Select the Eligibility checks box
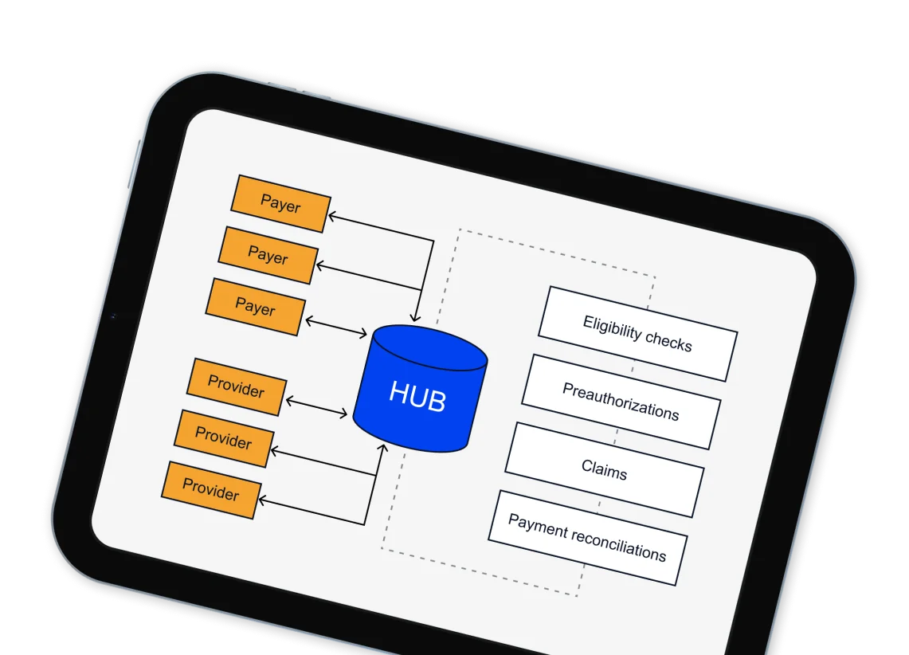637,334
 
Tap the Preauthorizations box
621,402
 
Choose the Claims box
605,469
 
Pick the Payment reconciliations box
587,538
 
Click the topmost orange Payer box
280,204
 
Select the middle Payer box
268,255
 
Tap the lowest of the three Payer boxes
255,307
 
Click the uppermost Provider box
236,387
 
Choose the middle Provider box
223,438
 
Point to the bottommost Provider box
210,489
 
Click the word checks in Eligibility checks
668,340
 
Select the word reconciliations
617,545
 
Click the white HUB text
417,396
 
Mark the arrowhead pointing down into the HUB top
417,318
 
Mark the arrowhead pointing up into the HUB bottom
381,451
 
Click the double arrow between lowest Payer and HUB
335,327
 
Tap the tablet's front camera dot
113,316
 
